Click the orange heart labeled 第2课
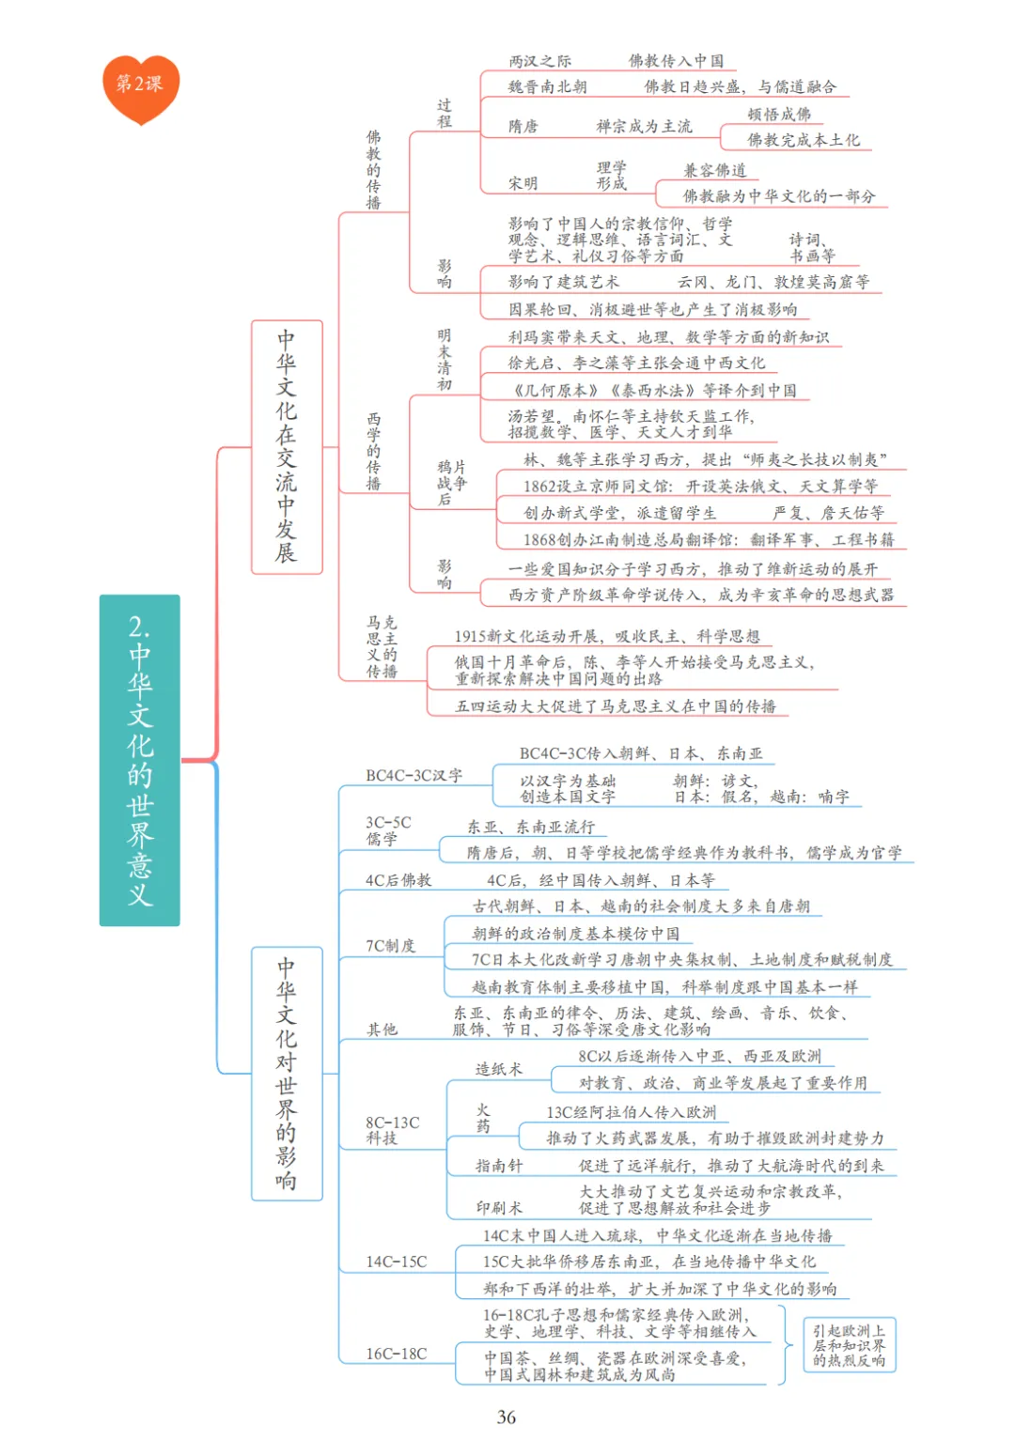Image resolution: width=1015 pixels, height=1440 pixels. [140, 86]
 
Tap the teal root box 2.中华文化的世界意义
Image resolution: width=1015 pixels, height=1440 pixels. [139, 760]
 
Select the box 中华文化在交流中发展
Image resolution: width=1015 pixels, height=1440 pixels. [287, 446]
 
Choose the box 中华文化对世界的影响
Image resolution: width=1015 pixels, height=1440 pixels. [287, 1073]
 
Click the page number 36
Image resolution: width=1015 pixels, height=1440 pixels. [507, 1417]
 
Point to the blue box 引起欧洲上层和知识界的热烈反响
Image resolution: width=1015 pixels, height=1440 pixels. [849, 1345]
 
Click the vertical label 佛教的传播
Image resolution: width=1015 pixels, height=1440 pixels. [373, 170]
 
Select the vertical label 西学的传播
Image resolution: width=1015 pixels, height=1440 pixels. [373, 451]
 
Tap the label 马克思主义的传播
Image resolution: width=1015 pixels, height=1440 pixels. [382, 646]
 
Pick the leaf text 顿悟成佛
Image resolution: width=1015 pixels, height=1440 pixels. [779, 114]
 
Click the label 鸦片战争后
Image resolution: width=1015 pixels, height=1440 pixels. [451, 482]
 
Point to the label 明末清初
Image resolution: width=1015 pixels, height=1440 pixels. [445, 360]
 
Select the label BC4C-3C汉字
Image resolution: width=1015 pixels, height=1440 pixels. [414, 776]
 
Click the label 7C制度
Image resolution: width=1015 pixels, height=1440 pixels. [390, 945]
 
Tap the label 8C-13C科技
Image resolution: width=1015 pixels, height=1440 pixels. [392, 1130]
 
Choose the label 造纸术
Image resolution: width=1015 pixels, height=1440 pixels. [498, 1069]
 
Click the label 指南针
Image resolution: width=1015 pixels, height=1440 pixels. [498, 1166]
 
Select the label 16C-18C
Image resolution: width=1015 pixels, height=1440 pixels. [396, 1354]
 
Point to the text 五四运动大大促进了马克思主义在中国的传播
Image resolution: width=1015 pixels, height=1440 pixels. [616, 706]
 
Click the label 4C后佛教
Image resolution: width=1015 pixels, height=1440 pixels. [398, 880]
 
